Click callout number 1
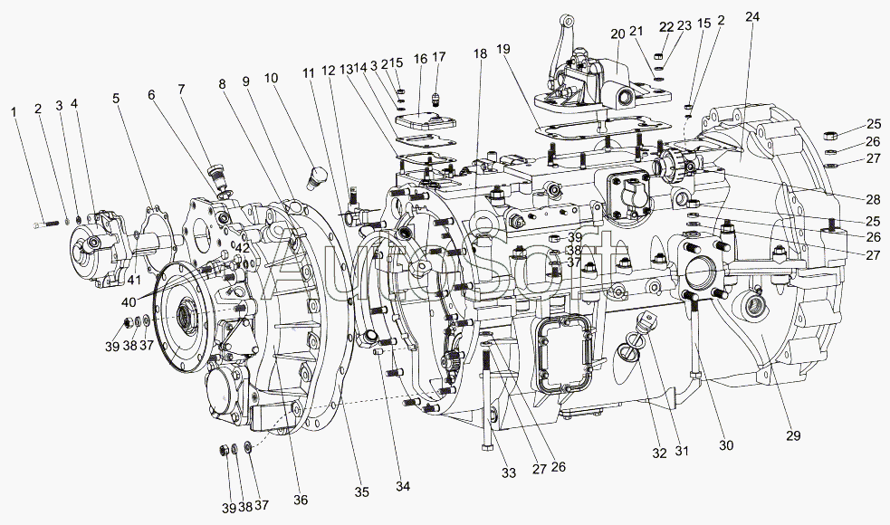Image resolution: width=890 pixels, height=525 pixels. pyautogui.click(x=14, y=112)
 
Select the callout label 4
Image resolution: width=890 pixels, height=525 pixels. pyautogui.click(x=74, y=104)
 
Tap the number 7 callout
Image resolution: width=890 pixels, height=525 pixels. pyautogui.click(x=181, y=89)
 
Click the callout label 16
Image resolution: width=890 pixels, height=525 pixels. pyautogui.click(x=420, y=59)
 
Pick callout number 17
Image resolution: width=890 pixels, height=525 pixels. pyautogui.click(x=439, y=57)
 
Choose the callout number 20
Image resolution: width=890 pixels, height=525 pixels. pyautogui.click(x=617, y=33)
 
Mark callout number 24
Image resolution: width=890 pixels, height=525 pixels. pyautogui.click(x=752, y=17)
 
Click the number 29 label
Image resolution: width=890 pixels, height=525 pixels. pyautogui.click(x=793, y=435)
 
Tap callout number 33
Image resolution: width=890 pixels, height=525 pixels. pyautogui.click(x=509, y=472)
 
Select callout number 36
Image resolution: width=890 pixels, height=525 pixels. pyautogui.click(x=301, y=500)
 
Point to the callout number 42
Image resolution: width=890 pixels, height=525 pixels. pyautogui.click(x=243, y=248)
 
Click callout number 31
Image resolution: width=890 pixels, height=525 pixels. pyautogui.click(x=681, y=451)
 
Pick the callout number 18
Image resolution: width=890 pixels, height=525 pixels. pyautogui.click(x=480, y=54)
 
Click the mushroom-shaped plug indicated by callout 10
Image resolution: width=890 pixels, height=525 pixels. pyautogui.click(x=316, y=177)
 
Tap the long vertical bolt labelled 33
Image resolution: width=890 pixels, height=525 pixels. pyautogui.click(x=485, y=400)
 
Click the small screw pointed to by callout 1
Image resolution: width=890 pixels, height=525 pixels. pyautogui.click(x=46, y=224)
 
